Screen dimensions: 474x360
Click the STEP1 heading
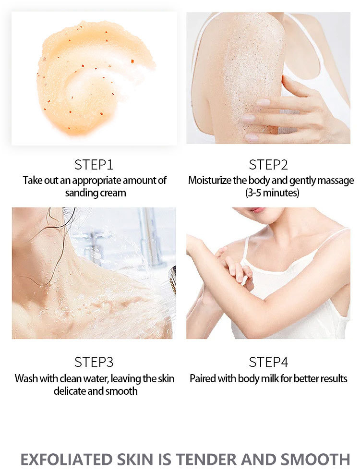point(94,165)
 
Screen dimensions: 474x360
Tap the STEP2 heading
point(268,165)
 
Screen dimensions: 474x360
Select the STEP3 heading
point(94,362)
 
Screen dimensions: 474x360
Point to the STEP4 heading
point(268,362)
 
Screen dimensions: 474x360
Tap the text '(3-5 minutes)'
point(271,193)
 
